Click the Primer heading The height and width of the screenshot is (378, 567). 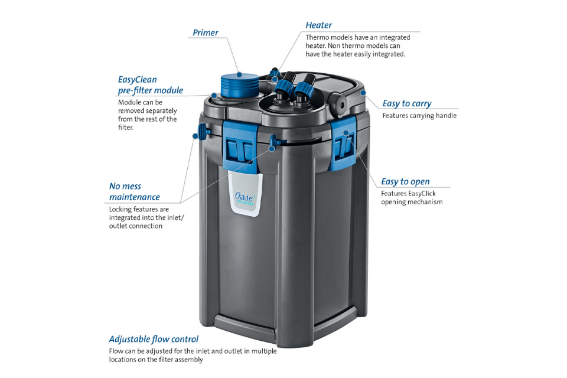click(x=205, y=32)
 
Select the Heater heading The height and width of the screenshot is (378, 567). click(x=318, y=25)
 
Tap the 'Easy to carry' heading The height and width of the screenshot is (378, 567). click(x=406, y=103)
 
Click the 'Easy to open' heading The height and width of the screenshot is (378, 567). click(x=405, y=181)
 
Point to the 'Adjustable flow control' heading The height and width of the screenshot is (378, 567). click(x=154, y=339)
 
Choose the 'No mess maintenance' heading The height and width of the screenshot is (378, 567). click(x=134, y=191)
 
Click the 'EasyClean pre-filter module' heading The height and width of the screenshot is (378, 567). click(x=150, y=85)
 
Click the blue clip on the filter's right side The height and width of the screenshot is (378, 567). click(x=344, y=142)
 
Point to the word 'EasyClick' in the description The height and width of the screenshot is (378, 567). click(x=421, y=193)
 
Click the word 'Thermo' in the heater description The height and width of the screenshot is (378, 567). click(x=317, y=37)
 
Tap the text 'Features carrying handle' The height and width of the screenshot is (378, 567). click(x=419, y=116)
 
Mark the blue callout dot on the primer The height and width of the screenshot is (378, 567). click(x=240, y=74)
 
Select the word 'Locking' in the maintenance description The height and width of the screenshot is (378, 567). click(x=122, y=209)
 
